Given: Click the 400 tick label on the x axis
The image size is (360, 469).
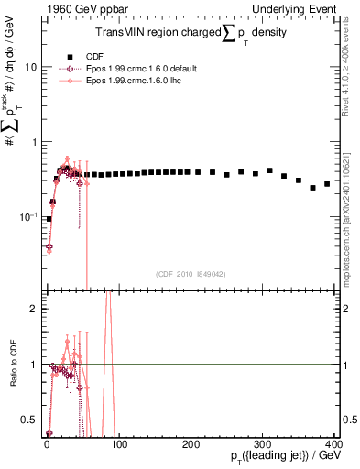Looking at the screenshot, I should click(334, 444).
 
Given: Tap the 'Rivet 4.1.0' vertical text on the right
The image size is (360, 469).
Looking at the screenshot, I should click(352, 55).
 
